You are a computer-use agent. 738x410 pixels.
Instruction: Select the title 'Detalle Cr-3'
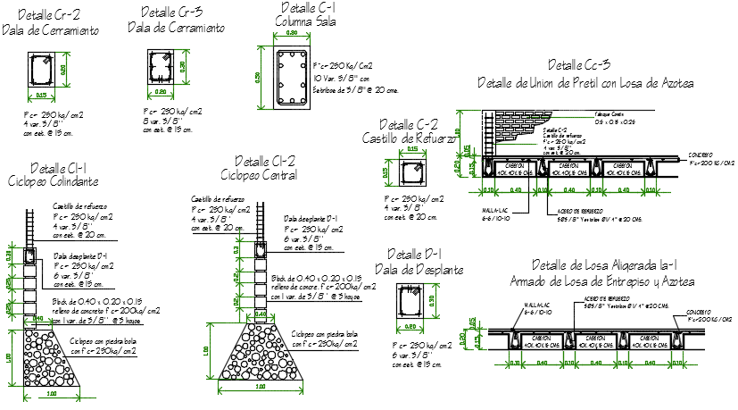tap(171, 12)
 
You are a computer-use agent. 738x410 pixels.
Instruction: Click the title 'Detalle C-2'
tap(408, 125)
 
